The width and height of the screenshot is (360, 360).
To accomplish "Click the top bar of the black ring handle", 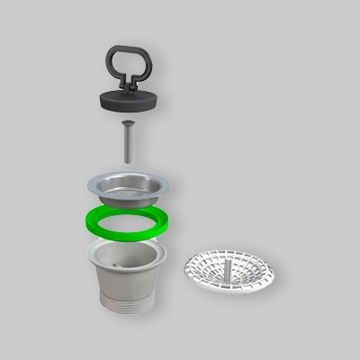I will tap(128, 49).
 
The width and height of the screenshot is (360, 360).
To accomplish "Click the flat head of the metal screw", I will tap(127, 123).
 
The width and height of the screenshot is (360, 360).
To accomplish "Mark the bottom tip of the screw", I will tap(127, 162).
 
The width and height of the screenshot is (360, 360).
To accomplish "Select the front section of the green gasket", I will tap(128, 233).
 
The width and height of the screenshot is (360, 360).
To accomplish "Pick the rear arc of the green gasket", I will tap(128, 212).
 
